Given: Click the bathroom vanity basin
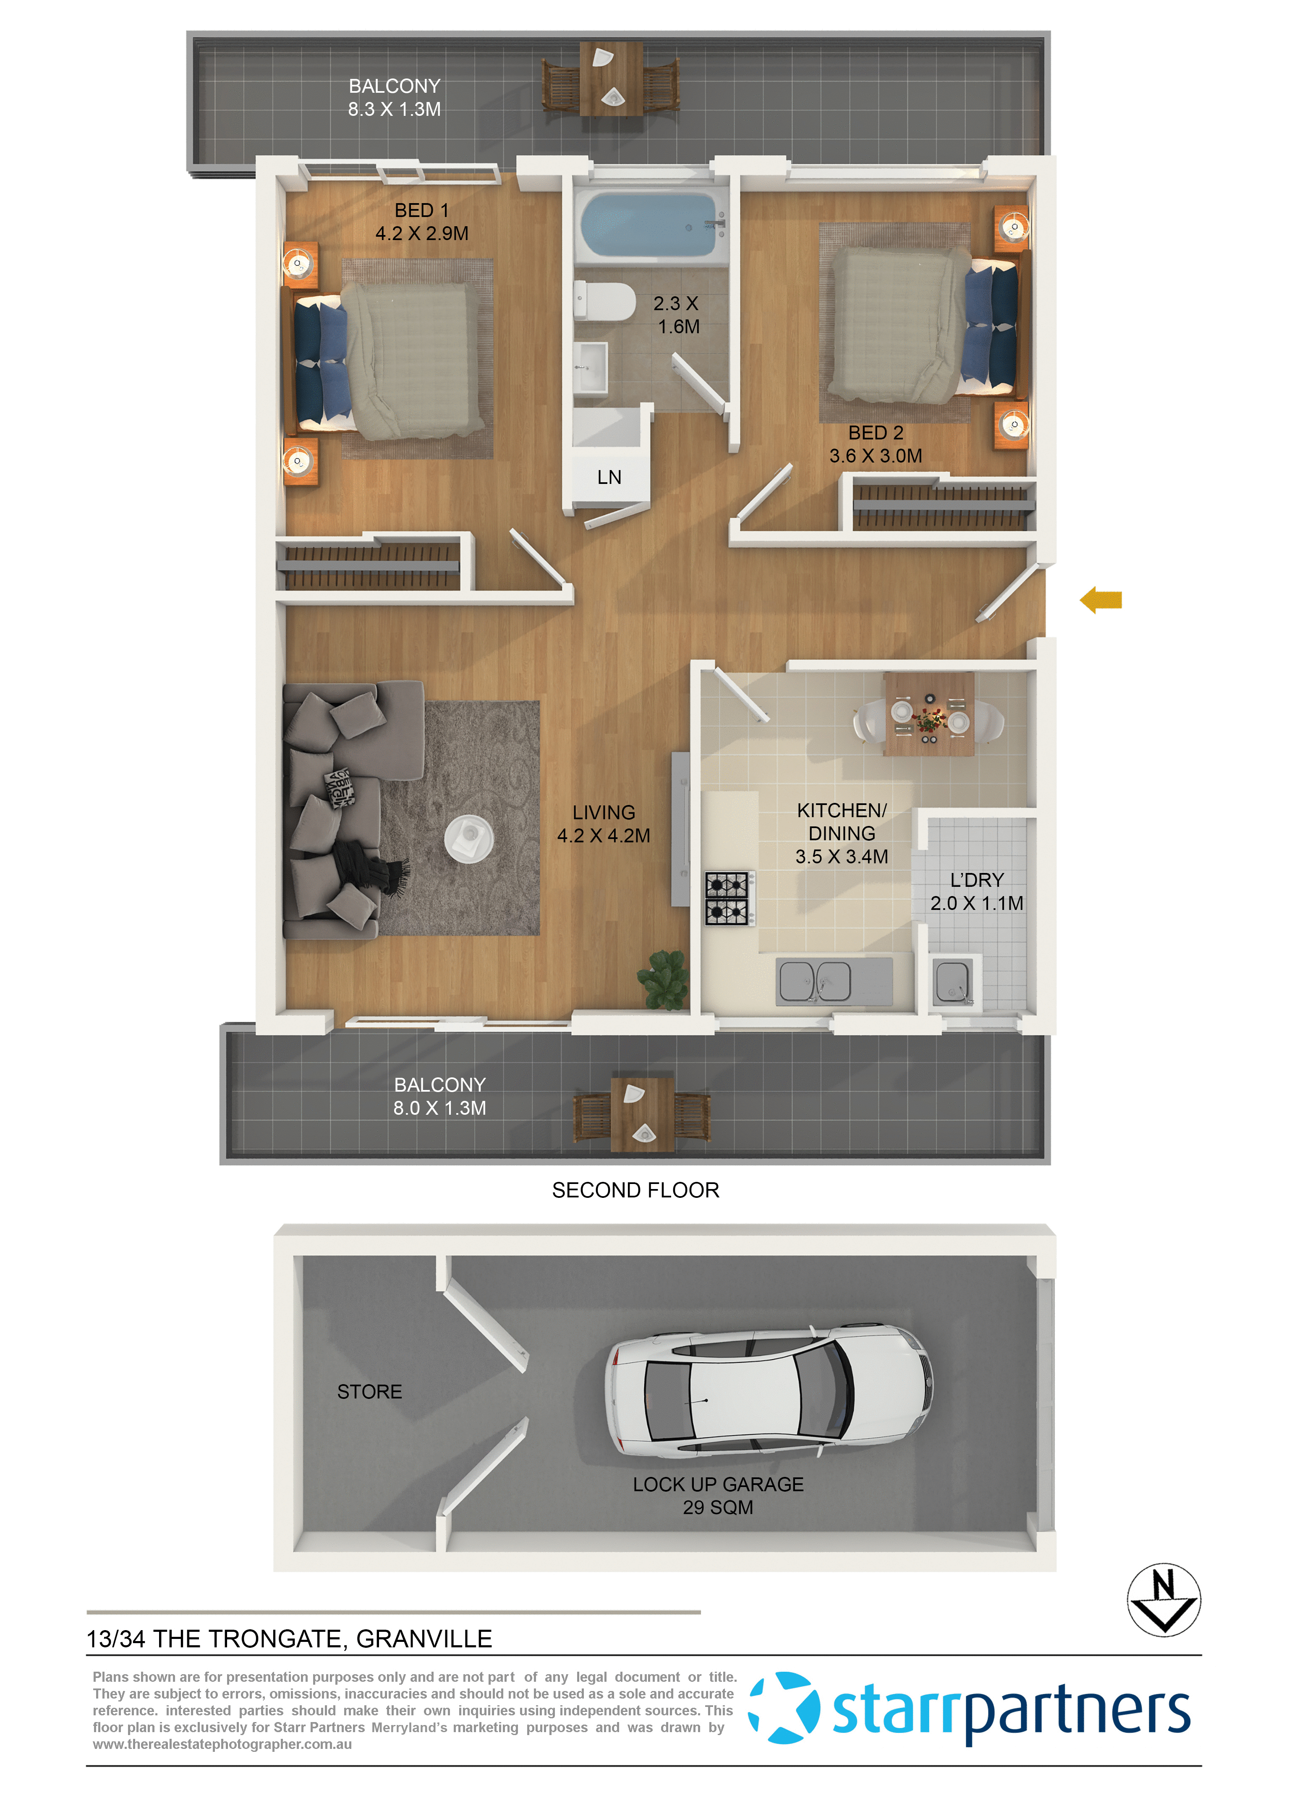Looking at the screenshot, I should click(591, 367).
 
